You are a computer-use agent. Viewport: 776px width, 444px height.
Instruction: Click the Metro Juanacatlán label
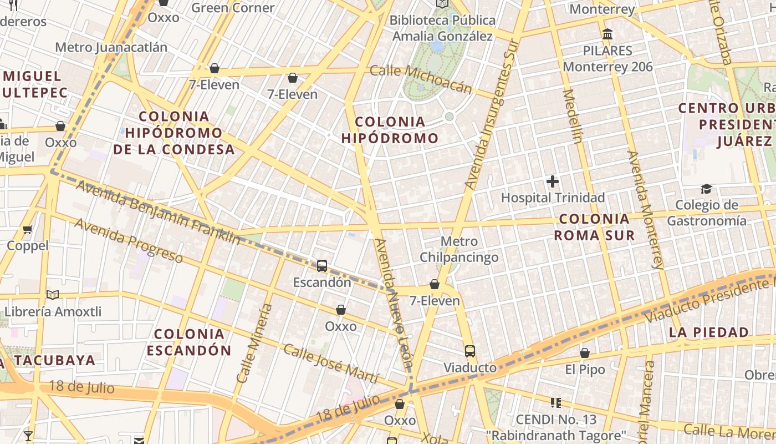(x=111, y=47)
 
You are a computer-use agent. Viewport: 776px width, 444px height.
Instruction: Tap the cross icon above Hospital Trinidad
(x=553, y=181)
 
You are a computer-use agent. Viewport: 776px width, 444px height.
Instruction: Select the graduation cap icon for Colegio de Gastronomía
(x=706, y=189)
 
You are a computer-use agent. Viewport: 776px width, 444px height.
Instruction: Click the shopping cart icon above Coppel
(x=28, y=229)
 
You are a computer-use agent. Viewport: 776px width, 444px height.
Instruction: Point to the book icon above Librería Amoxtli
(x=53, y=295)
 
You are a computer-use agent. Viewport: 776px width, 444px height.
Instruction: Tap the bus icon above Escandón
(x=322, y=266)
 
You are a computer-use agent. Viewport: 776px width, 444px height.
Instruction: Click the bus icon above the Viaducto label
(x=470, y=351)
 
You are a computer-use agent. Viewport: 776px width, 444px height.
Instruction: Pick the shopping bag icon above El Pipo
(x=585, y=353)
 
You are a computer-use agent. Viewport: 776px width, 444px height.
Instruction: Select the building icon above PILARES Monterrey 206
(x=607, y=34)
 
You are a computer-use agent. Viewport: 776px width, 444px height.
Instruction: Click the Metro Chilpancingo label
(x=459, y=249)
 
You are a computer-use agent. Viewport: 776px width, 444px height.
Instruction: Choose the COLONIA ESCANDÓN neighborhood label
(x=189, y=342)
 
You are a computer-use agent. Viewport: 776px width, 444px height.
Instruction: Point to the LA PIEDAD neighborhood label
(x=708, y=332)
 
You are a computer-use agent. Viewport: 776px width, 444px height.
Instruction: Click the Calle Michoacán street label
(x=421, y=79)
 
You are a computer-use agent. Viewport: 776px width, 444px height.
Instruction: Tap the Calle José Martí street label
(x=330, y=364)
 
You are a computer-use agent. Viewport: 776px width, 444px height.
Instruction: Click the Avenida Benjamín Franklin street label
(x=158, y=213)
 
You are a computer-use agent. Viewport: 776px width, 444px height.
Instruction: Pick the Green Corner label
(x=233, y=8)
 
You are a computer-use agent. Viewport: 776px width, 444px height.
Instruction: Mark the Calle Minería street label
(x=254, y=344)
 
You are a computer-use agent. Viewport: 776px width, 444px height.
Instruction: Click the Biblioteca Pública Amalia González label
(x=442, y=28)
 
